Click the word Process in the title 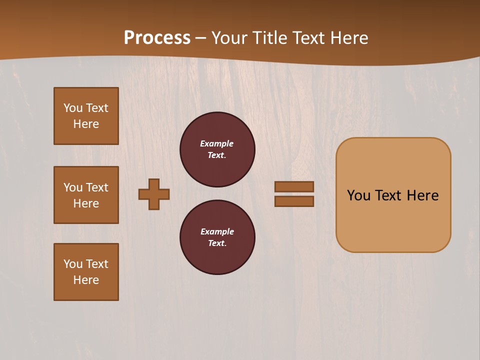pos(157,38)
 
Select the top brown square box pos(86,116)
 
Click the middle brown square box pos(86,195)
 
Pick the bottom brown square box pos(86,272)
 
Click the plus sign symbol pos(154,194)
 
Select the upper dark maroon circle pos(217,149)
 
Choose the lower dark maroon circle pos(217,237)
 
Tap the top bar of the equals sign pos(294,186)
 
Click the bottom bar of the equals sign pos(294,201)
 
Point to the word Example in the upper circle pos(217,143)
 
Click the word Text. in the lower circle pos(217,243)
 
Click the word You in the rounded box pos(358,195)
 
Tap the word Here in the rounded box pos(422,195)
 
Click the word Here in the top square pos(86,124)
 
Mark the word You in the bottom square pos(73,264)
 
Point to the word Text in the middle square pos(97,187)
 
